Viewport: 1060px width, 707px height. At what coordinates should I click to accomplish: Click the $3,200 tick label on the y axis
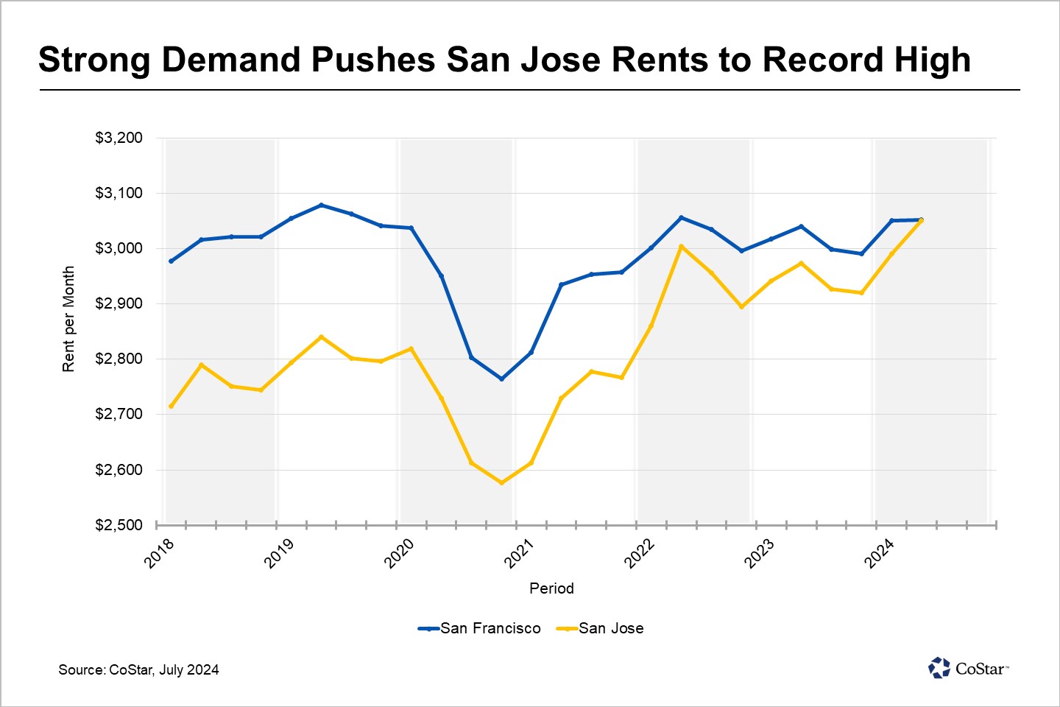point(119,138)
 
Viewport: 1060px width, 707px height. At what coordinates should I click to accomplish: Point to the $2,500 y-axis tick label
point(119,525)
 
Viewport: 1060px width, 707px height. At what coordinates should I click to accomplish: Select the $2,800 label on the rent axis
point(119,359)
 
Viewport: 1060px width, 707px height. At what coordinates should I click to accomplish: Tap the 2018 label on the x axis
point(159,552)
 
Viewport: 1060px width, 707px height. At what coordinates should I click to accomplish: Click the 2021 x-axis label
point(519,552)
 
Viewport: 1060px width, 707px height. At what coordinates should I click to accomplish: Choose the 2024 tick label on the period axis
point(879,552)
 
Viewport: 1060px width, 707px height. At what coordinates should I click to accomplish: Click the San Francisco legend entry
point(480,628)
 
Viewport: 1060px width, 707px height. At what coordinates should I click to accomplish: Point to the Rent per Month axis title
point(68,319)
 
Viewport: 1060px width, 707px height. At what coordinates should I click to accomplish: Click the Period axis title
point(551,588)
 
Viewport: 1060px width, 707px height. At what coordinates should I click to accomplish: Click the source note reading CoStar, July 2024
point(139,669)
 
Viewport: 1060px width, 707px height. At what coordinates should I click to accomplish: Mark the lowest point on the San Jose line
point(501,483)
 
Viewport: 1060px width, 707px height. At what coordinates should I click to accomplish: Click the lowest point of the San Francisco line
point(501,379)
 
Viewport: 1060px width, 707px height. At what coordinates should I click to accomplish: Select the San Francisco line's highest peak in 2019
point(321,205)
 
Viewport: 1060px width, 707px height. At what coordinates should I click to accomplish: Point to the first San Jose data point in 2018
point(172,406)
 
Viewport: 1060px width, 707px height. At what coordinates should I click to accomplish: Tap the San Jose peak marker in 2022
point(681,246)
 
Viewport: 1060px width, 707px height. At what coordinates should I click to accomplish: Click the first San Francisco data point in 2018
point(172,261)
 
